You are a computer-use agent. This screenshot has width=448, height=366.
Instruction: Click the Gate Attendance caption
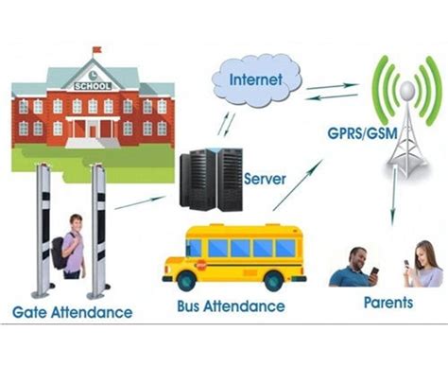pos(72,311)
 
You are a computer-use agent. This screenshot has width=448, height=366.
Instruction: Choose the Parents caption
pos(388,304)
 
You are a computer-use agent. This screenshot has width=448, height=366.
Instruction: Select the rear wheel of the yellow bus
pos(273,279)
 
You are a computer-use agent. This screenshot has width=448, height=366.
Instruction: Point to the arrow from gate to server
pos(139,201)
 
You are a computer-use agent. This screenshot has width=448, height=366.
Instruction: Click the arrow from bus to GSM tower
pos(297,184)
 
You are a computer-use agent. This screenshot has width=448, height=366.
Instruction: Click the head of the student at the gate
pos(74,224)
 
